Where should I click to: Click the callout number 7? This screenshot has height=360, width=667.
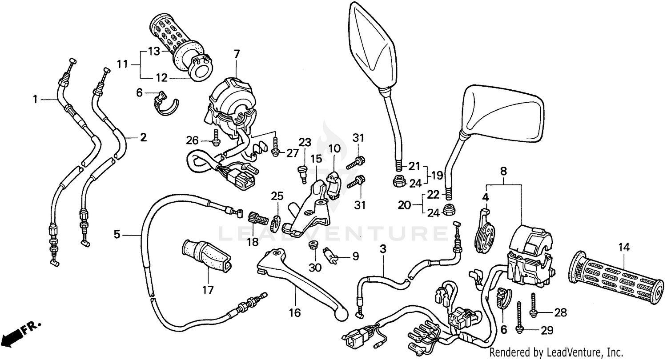pos(237,55)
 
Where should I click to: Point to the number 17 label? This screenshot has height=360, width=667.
pos(208,290)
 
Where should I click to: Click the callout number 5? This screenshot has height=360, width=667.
pos(117,234)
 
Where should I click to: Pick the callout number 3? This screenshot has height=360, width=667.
pos(383,249)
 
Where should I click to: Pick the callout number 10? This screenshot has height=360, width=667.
pos(334,148)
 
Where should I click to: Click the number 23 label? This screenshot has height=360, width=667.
pos(305,143)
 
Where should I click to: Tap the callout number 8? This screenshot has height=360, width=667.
pos(503,171)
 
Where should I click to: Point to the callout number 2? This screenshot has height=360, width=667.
pos(143,138)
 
